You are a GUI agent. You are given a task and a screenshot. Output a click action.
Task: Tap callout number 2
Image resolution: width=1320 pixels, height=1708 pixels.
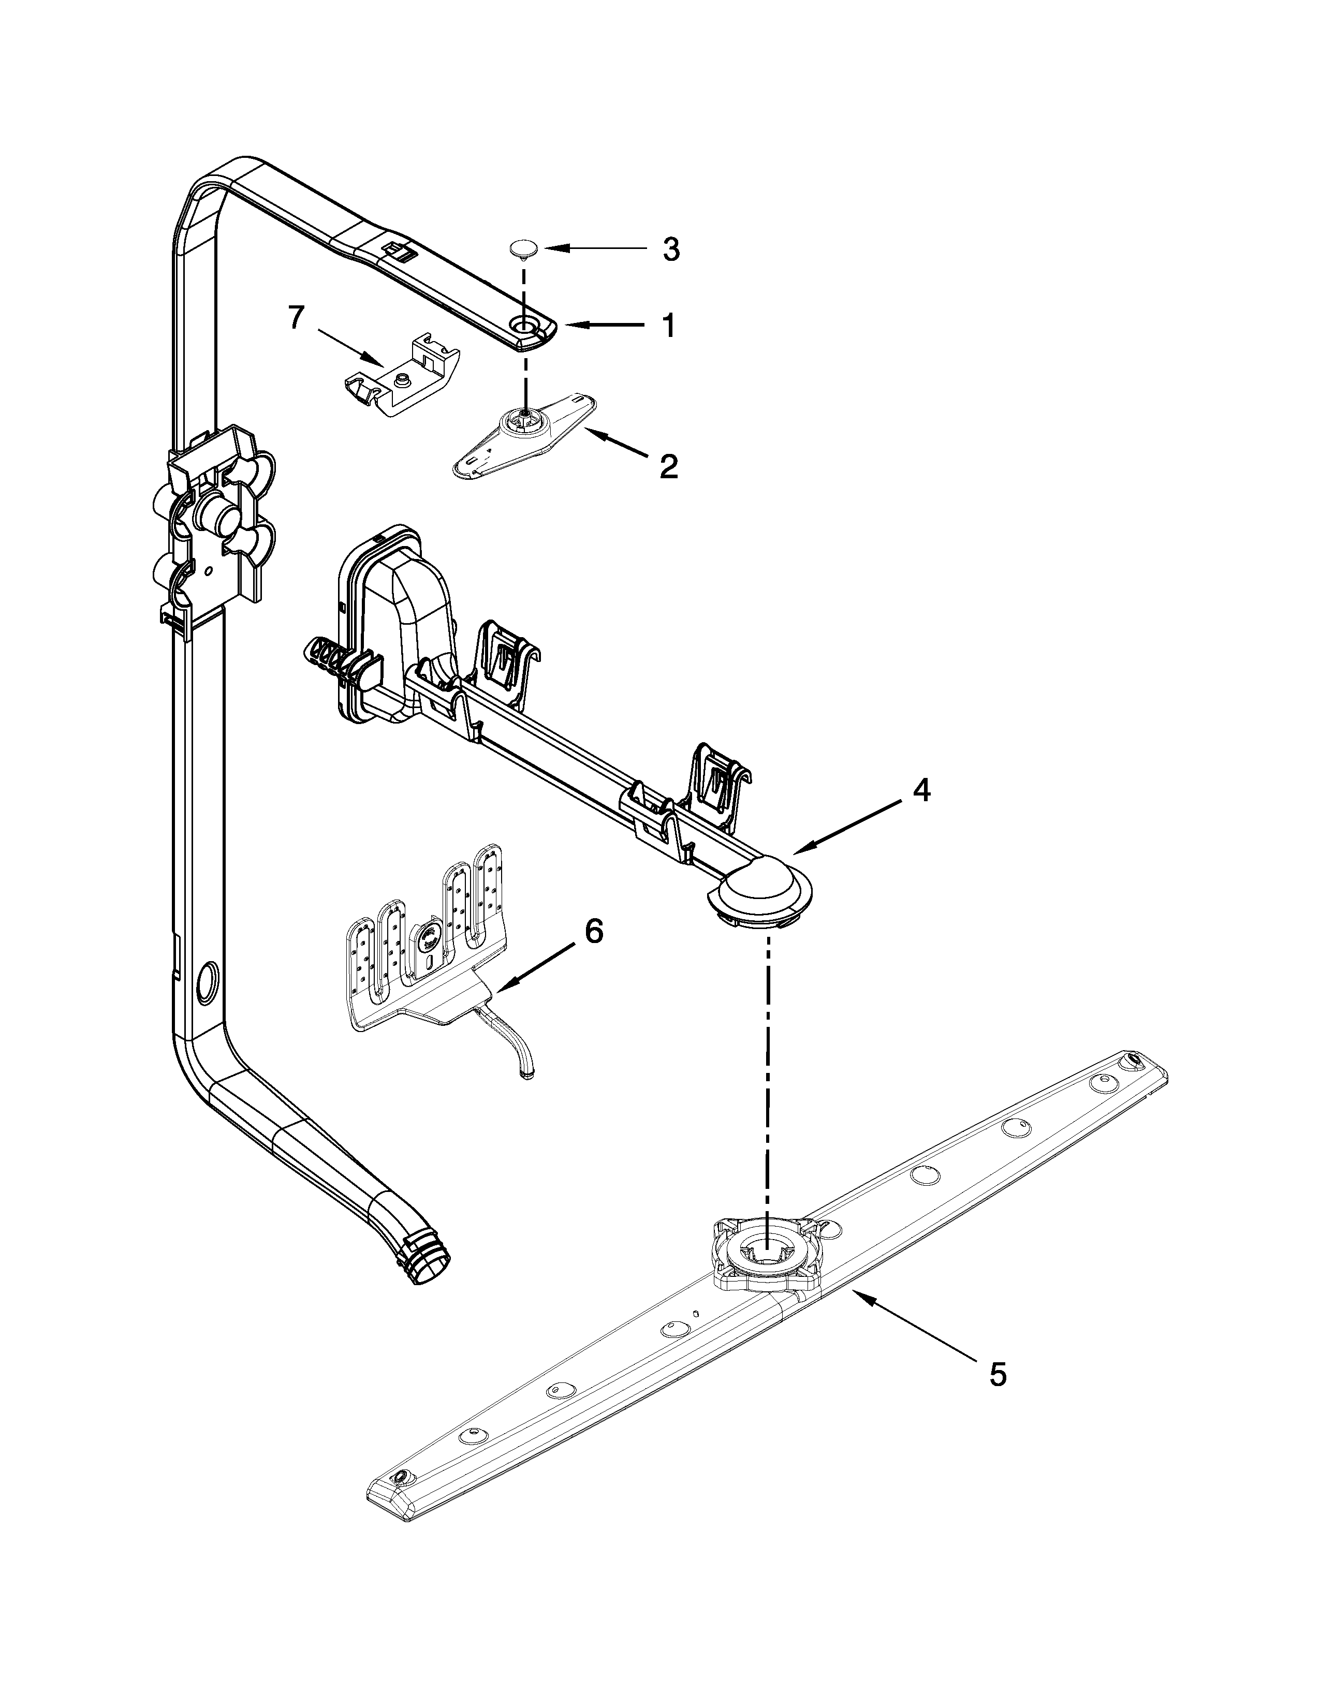[669, 467]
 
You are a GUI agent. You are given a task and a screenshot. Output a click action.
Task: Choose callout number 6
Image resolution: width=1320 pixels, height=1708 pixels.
[594, 932]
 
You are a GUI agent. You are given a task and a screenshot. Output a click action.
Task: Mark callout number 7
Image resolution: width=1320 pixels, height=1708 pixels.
[295, 318]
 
